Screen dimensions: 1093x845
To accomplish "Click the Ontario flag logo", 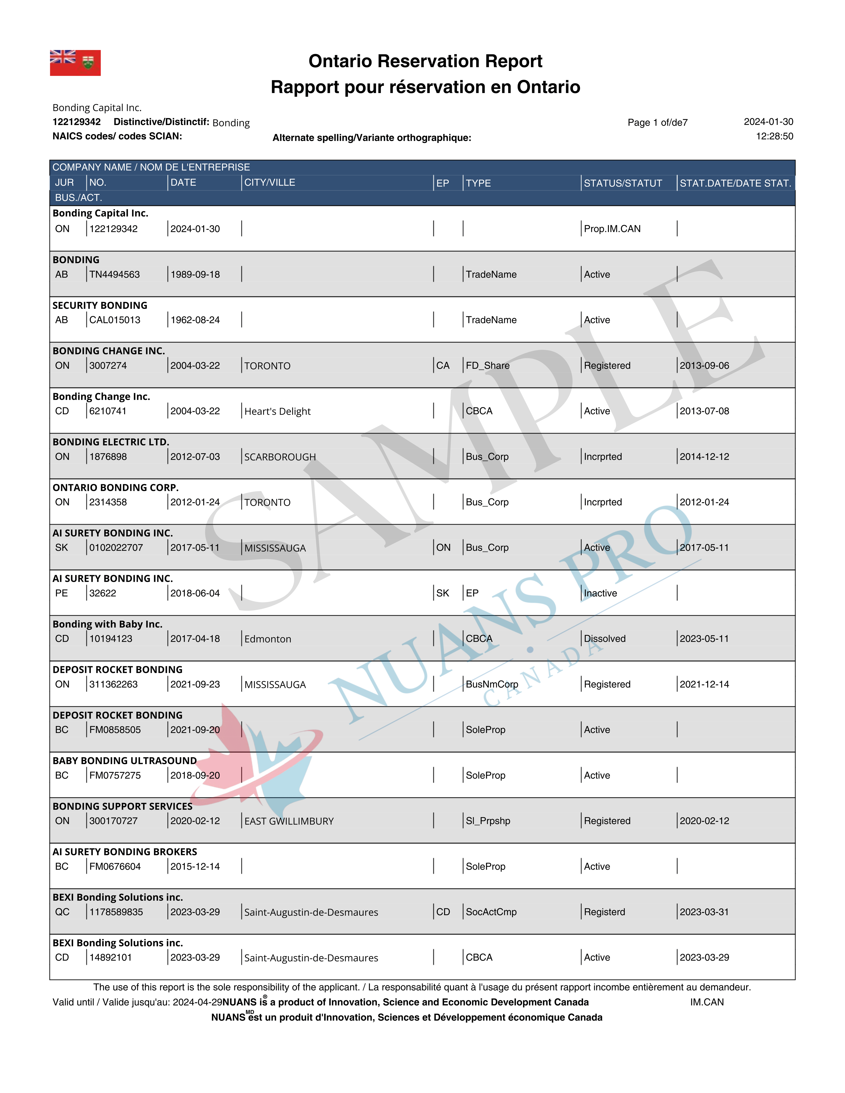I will click(x=75, y=63).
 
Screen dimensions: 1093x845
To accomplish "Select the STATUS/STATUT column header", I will click(x=623, y=183).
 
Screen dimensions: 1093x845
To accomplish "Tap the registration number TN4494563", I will click(x=115, y=274).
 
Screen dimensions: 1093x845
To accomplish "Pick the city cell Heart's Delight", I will click(x=278, y=411).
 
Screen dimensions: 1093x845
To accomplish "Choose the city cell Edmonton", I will click(x=268, y=639).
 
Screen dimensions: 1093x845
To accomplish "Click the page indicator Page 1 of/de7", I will click(x=657, y=123).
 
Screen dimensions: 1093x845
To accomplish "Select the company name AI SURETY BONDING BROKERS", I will click(x=125, y=852).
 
